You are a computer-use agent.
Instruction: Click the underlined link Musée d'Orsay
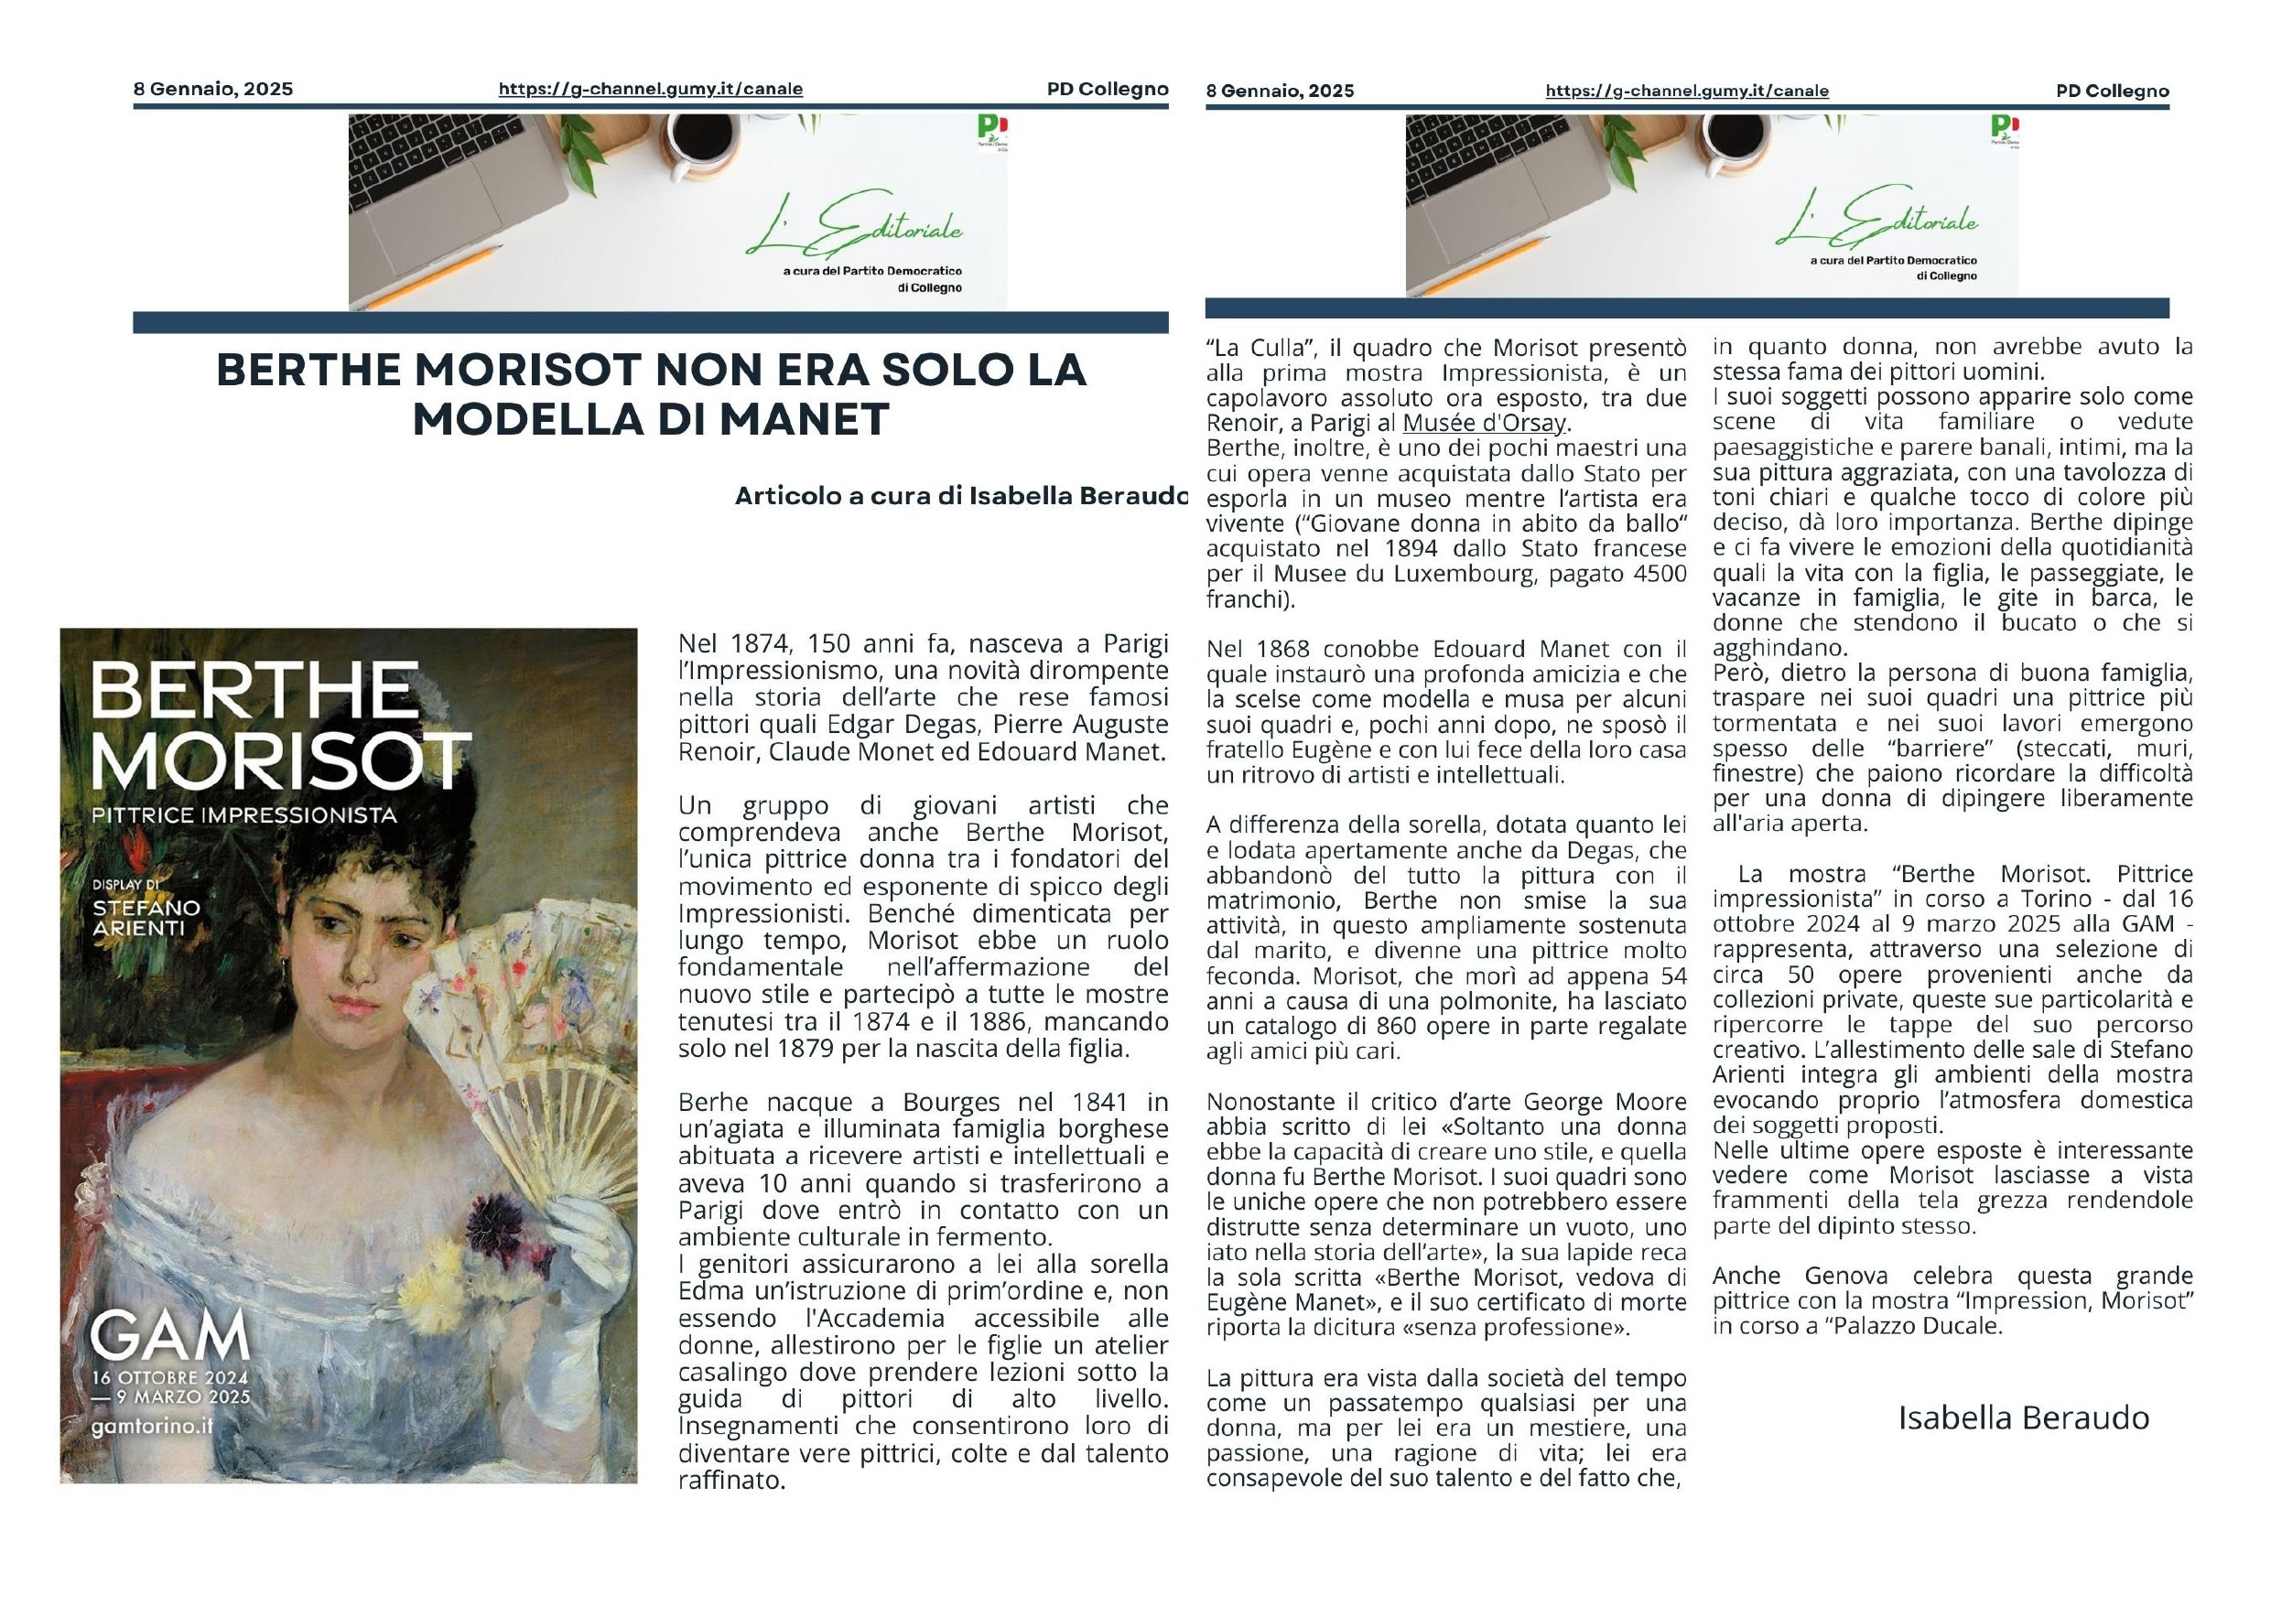coord(1485,425)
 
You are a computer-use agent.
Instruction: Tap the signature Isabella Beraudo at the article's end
coord(2023,1417)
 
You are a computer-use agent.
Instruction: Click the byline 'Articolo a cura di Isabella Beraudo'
coord(960,496)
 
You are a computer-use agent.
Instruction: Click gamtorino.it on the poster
coord(151,1427)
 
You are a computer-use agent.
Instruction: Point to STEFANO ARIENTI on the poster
coord(146,918)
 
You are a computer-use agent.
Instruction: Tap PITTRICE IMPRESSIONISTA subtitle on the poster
coord(243,816)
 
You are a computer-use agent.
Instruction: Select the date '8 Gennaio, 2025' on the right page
coord(1280,91)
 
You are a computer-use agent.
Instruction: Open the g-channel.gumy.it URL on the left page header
coord(650,89)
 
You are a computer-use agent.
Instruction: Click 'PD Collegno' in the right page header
coord(2112,91)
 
